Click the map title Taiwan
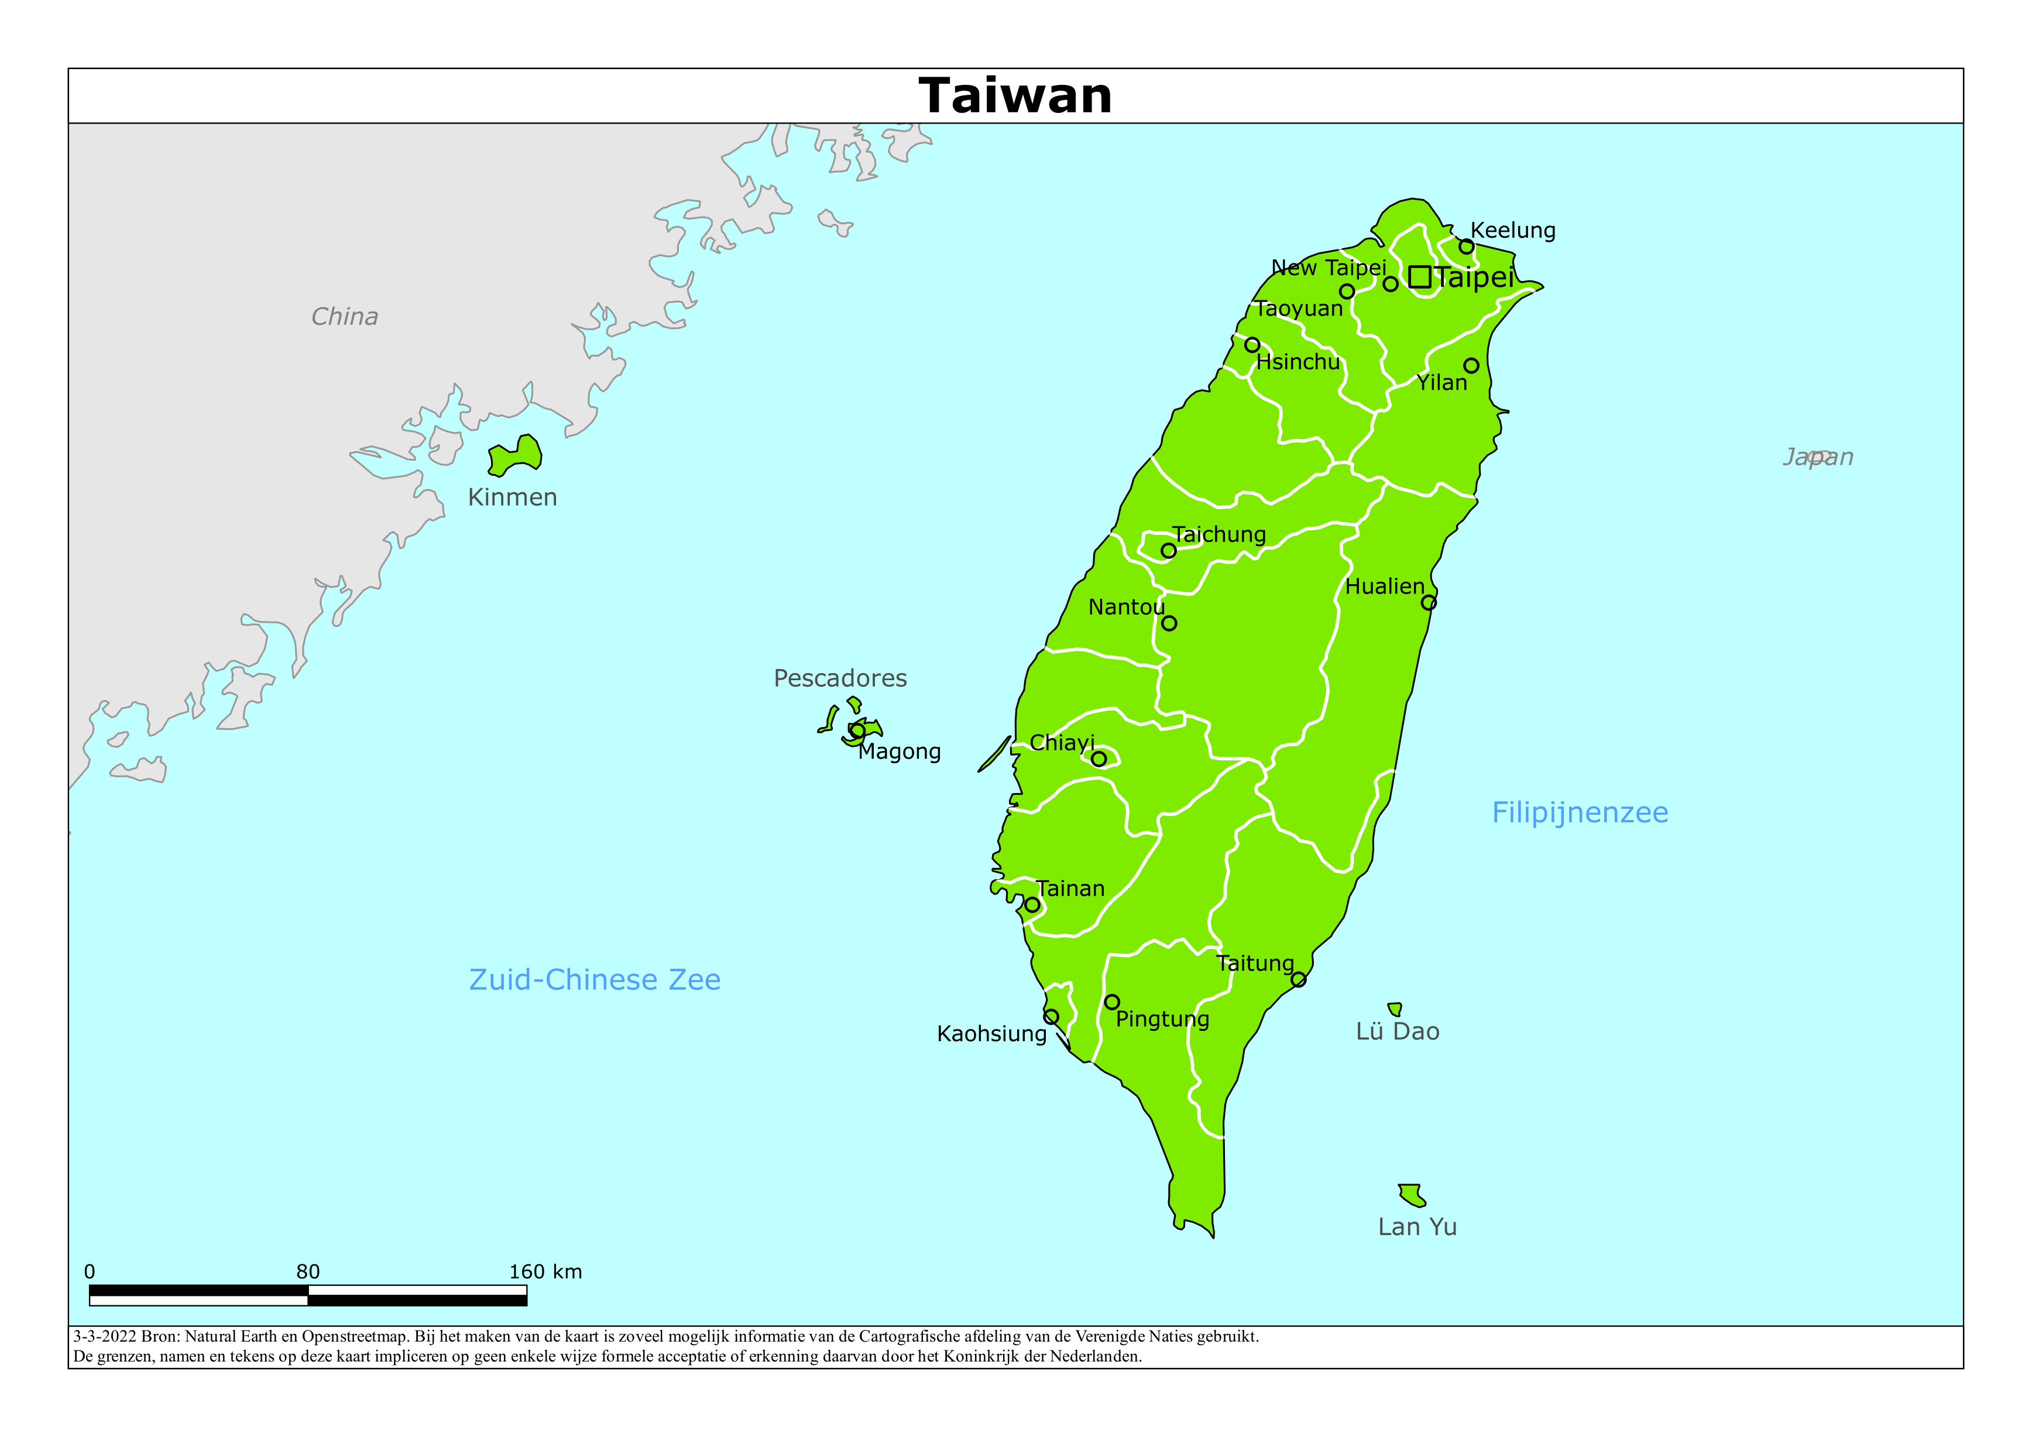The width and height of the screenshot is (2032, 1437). point(1015,95)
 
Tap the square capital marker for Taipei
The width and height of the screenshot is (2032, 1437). point(1420,277)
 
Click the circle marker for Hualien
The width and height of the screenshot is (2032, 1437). point(1429,603)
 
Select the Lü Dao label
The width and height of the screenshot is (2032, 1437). point(1398,1031)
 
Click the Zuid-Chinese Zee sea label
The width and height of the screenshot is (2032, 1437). point(594,979)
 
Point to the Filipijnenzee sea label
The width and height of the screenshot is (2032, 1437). point(1580,813)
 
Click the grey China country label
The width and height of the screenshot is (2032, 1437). point(344,317)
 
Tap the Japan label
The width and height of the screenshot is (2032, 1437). point(1817,457)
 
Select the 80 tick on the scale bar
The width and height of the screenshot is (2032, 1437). point(308,1273)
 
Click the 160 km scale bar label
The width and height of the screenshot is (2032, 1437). point(545,1273)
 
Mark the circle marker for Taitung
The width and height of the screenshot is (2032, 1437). point(1298,979)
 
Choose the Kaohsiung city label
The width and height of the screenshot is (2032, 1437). point(991,1034)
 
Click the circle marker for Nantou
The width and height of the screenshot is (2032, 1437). point(1169,623)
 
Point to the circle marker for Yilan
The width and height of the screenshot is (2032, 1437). point(1471,366)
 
